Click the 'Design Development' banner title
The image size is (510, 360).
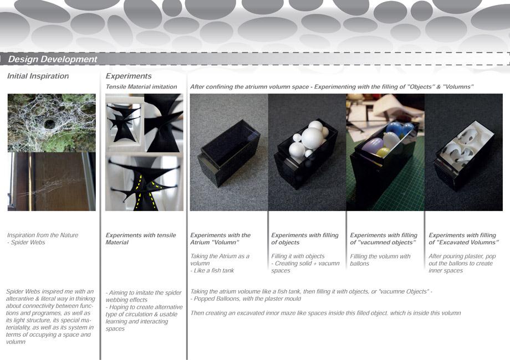pos(52,59)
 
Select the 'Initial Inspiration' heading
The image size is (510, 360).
pos(38,76)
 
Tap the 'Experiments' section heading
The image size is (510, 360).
pos(129,76)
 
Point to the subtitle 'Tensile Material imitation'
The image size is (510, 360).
pos(141,87)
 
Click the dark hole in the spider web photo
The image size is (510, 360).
pos(49,124)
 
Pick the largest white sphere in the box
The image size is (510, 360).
pos(312,138)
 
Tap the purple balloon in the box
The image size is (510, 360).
pos(373,146)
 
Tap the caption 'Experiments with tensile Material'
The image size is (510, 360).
pos(140,239)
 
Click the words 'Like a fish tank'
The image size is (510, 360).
pos(213,270)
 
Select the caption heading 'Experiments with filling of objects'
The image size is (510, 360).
pos(305,239)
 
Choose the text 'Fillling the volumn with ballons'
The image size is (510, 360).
pos(380,260)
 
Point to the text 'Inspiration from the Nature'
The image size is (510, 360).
pos(43,235)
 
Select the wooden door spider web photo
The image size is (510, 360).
pos(52,181)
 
